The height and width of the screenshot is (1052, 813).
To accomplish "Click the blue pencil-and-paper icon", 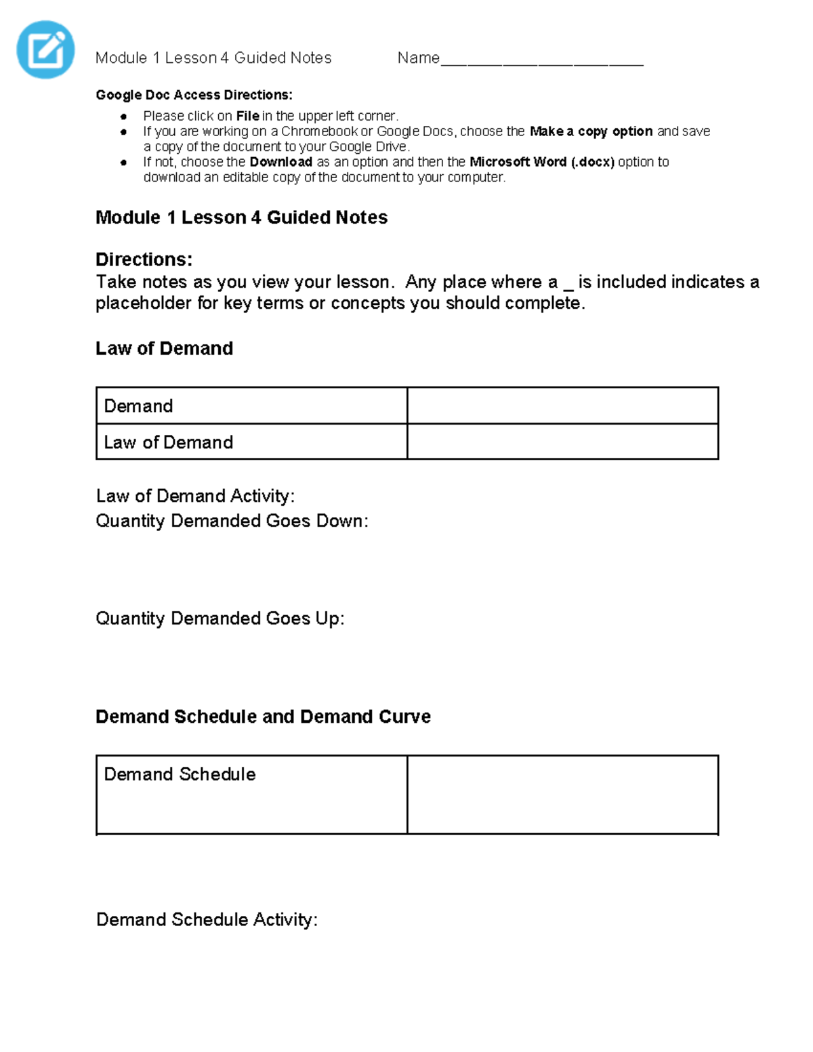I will pos(45,49).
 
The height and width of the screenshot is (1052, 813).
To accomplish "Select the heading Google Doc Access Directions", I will pos(194,95).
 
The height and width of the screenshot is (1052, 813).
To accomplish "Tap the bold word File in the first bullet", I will pos(247,116).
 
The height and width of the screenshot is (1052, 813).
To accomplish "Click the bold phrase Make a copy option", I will pos(591,131).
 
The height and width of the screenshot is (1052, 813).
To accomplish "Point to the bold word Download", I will pos(280,162).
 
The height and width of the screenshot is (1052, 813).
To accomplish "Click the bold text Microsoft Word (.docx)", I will pos(541,162).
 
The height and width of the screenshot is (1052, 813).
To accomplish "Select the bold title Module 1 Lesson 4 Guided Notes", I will pos(241,217).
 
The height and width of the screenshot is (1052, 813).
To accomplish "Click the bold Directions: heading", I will pos(144,259).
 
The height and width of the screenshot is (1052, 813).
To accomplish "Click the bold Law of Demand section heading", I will pos(164,348).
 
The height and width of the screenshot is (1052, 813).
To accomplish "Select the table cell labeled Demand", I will pos(251,406).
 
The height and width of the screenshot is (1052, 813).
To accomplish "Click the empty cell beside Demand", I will pos(562,406).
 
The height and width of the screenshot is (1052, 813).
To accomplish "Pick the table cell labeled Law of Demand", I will pos(251,442).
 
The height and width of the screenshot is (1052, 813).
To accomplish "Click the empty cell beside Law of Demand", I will pos(562,442).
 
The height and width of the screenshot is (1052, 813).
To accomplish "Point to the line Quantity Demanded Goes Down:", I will pos(232,521).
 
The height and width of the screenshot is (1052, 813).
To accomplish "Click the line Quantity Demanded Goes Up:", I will pos(220,618).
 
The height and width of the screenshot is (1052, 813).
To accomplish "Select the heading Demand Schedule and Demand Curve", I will pos(263,717).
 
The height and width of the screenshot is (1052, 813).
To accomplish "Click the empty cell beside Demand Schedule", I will pos(562,795).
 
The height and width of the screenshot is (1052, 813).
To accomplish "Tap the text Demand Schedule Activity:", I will pos(207,919).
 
